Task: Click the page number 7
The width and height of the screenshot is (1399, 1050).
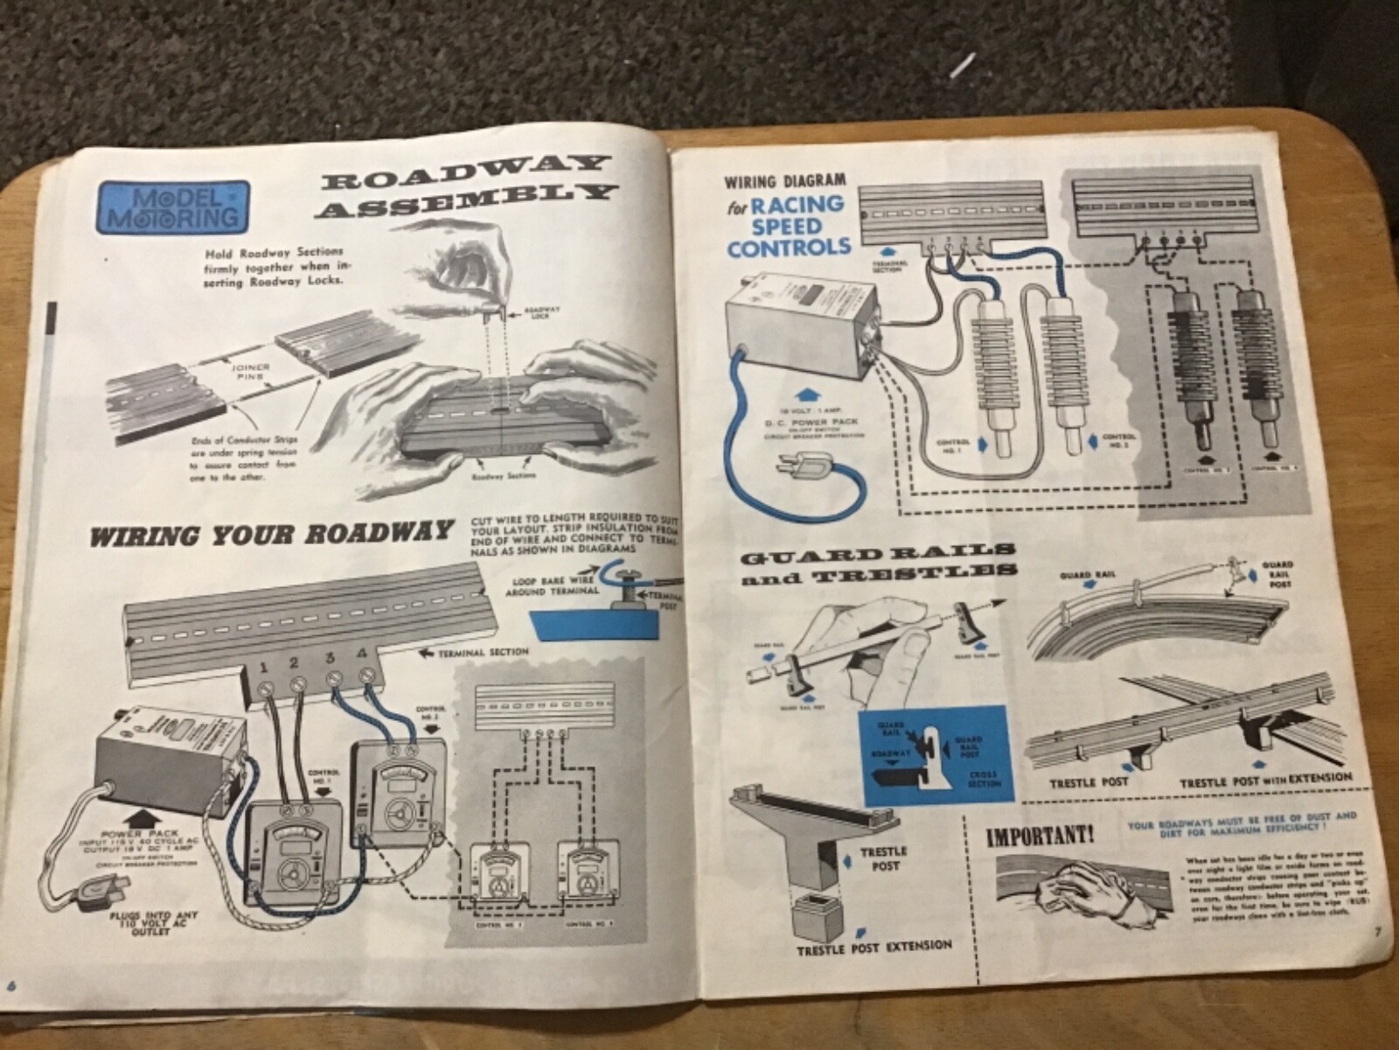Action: pyautogui.click(x=1375, y=930)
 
